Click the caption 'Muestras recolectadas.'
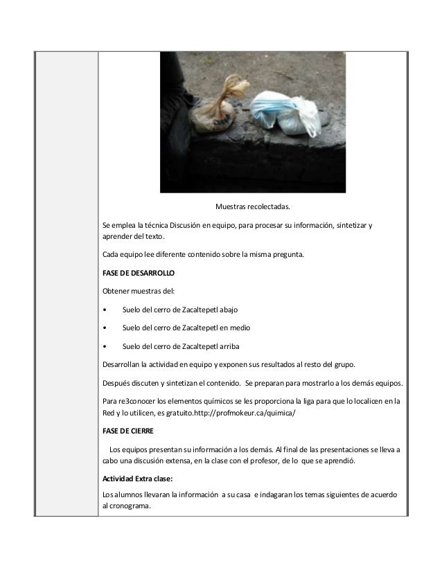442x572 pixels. [253, 206]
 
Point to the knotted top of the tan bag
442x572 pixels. [236, 89]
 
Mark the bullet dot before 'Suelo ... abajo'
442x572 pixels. [104, 309]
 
